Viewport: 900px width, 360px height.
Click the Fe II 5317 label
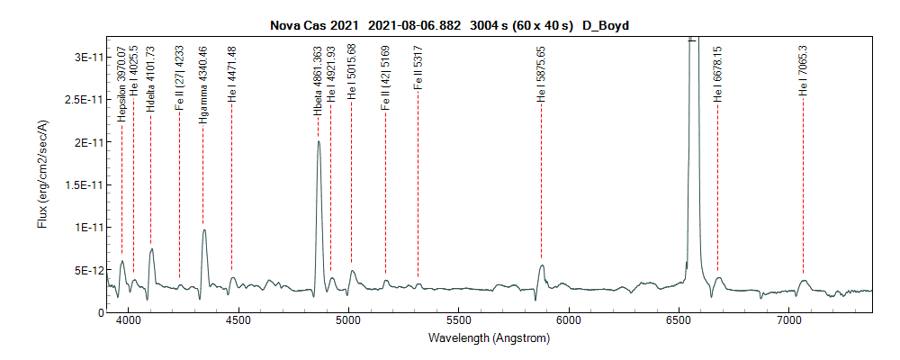[x=418, y=72]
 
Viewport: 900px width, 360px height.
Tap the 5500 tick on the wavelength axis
[x=459, y=320]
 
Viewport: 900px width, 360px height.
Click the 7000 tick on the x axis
[x=789, y=320]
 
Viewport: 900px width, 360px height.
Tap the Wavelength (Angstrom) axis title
[x=490, y=339]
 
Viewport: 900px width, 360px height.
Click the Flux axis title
[x=43, y=175]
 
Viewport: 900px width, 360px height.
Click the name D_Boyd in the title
[x=605, y=26]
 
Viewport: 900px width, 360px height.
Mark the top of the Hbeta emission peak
[x=319, y=141]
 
